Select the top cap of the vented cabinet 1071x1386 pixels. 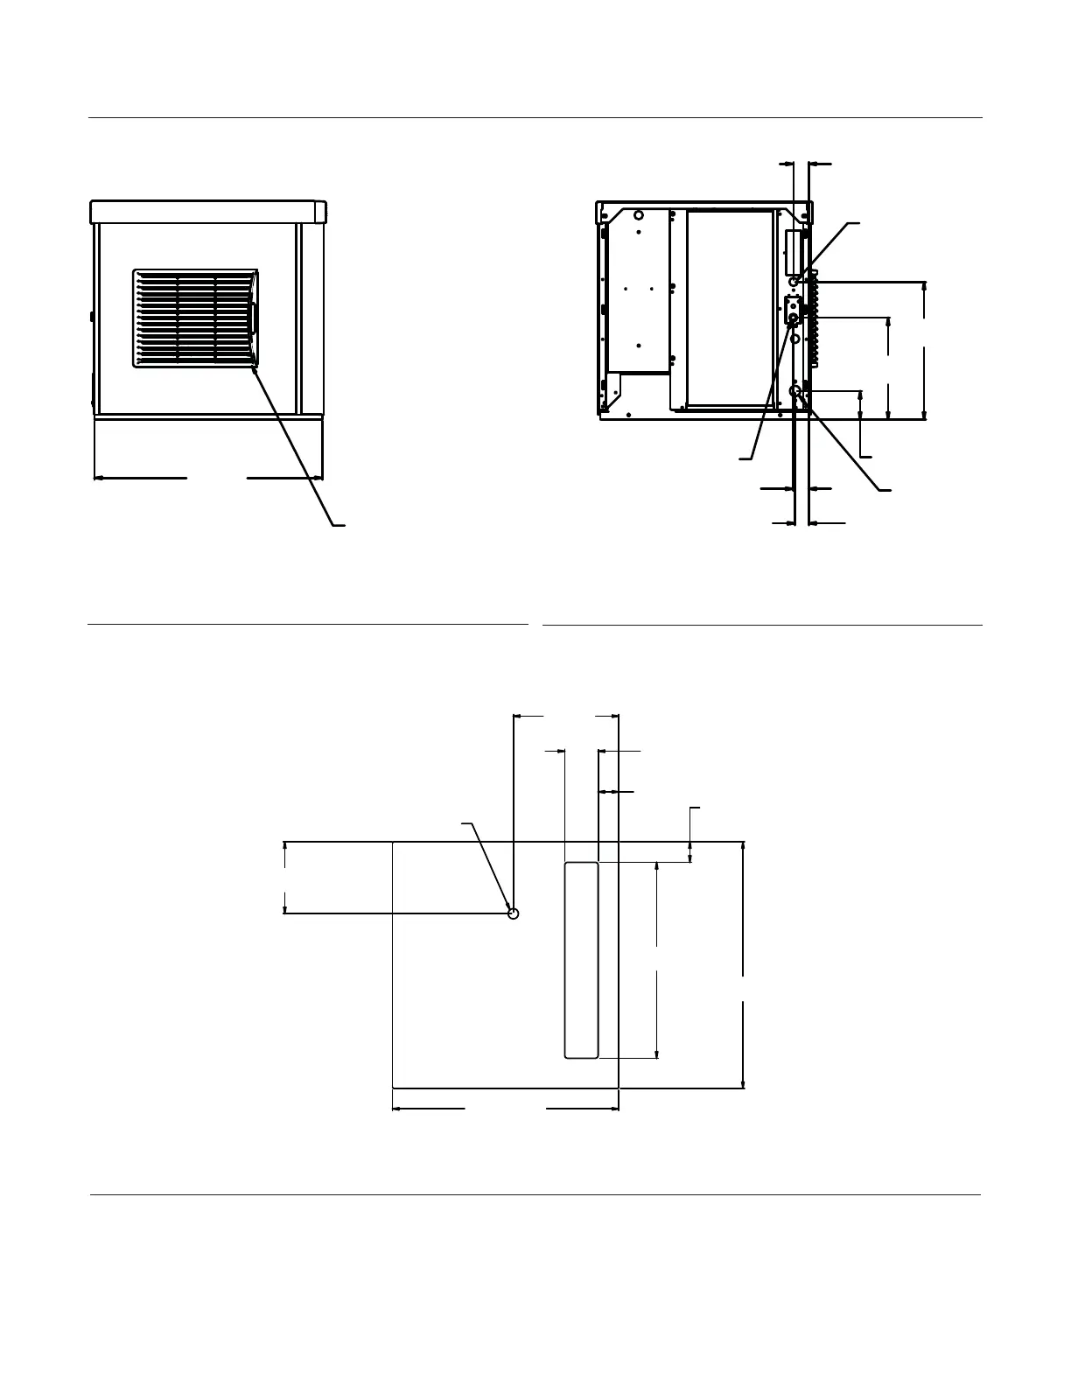click(208, 211)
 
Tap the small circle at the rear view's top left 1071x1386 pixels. click(639, 214)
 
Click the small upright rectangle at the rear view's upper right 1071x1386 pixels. click(792, 253)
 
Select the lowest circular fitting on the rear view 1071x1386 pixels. click(796, 391)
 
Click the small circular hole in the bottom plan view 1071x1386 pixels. click(514, 913)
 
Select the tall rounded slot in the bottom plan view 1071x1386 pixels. click(581, 960)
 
